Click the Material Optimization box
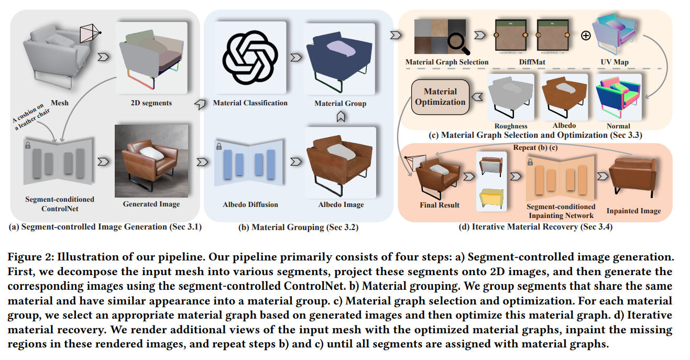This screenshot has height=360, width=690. click(440, 96)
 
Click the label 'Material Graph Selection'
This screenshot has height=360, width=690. click(447, 62)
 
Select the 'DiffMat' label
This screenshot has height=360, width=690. click(531, 62)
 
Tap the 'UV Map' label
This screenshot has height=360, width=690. click(615, 62)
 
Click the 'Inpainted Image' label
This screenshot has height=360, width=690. click(633, 211)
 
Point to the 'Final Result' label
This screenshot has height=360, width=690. click(440, 205)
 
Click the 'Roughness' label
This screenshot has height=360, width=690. click(511, 126)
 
